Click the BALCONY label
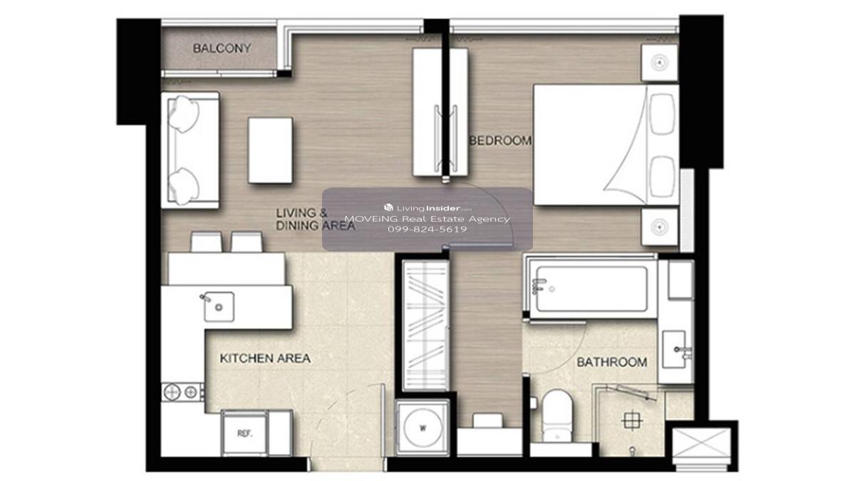point(222,48)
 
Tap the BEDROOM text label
point(500,141)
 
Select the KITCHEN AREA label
point(265,358)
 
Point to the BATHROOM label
point(612,362)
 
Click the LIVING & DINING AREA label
point(315,219)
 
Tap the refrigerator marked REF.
point(244,433)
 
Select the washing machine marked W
point(423,428)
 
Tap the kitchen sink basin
point(219,306)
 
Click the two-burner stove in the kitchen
point(182,392)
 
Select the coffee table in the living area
point(270,150)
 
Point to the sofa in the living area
point(190,150)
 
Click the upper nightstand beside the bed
point(659,63)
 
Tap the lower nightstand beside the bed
point(659,227)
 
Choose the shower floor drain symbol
point(632,421)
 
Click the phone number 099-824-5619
point(427,229)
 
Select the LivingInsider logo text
point(428,208)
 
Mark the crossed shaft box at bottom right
point(701,443)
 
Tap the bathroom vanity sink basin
point(674,349)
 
